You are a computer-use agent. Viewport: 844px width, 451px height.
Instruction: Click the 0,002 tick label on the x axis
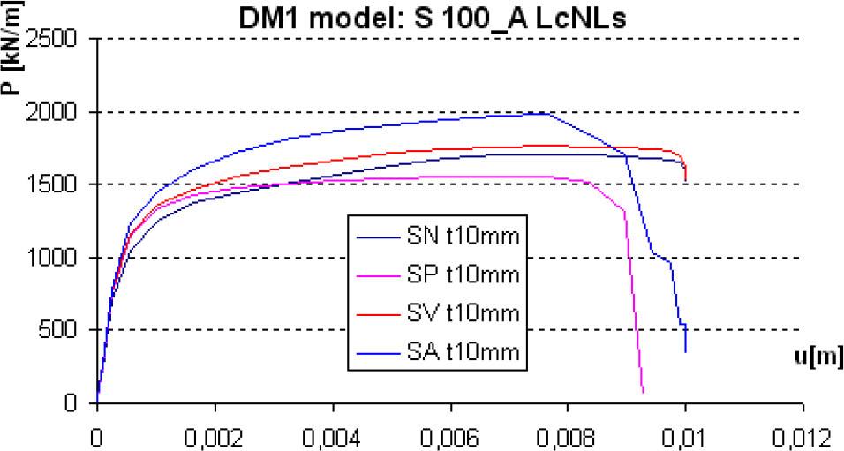pyautogui.click(x=215, y=436)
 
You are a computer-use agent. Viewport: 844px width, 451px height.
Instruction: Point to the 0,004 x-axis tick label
pyautogui.click(x=333, y=436)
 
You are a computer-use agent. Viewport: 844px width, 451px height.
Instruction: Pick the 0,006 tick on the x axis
pyautogui.click(x=450, y=436)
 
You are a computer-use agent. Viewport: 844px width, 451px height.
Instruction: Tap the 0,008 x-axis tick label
pyautogui.click(x=568, y=436)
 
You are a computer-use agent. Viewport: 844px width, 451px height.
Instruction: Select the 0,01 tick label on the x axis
pyautogui.click(x=685, y=436)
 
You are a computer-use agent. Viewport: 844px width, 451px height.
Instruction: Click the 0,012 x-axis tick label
pyautogui.click(x=803, y=436)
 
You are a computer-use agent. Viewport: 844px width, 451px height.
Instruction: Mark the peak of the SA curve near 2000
pyautogui.click(x=547, y=113)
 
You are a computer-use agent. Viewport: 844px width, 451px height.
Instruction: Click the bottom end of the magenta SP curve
pyautogui.click(x=643, y=391)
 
